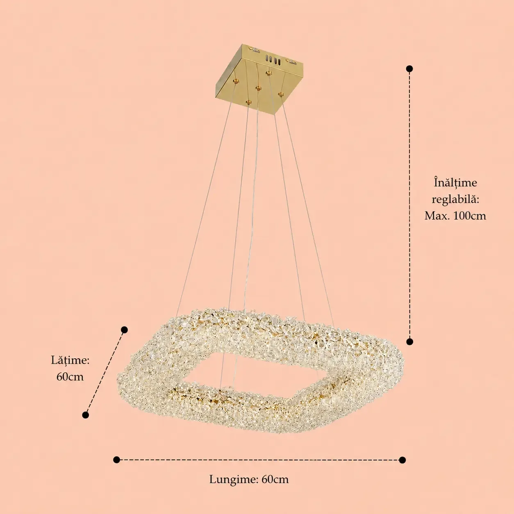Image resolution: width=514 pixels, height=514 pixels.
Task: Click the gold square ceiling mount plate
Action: point(259,79)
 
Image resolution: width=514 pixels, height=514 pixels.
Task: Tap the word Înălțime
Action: point(455,183)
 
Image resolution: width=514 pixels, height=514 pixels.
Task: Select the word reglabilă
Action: point(455,199)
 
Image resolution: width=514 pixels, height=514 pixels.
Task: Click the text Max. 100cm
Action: point(455,216)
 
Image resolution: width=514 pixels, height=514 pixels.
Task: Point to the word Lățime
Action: point(71,360)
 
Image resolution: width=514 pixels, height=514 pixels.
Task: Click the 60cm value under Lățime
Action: point(70,377)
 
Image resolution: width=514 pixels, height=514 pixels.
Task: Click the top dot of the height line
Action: point(409,68)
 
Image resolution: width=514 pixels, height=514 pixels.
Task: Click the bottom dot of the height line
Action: point(409,342)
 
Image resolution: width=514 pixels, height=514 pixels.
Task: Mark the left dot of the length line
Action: point(116,460)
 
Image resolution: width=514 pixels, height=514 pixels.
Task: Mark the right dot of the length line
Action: point(403,460)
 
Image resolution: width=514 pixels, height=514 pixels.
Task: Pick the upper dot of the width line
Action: point(124,330)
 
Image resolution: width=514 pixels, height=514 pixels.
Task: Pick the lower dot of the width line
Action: point(86,415)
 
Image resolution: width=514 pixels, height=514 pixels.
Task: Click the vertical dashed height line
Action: point(409,205)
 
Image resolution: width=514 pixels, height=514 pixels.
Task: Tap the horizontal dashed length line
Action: point(259,460)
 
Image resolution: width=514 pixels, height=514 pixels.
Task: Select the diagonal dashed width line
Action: point(105,372)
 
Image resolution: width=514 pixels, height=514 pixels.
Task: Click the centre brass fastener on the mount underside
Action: point(258,88)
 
